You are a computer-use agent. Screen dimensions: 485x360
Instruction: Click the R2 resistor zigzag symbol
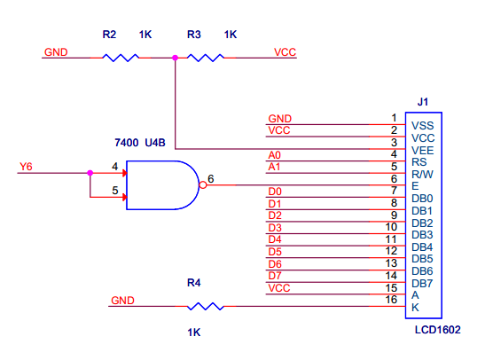click(121, 58)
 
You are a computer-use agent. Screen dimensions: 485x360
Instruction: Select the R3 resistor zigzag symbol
click(206, 58)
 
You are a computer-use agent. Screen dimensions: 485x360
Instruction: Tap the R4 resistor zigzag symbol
click(206, 306)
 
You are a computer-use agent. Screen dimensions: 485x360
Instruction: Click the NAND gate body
click(162, 185)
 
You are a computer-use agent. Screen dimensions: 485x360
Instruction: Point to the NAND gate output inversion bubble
click(202, 185)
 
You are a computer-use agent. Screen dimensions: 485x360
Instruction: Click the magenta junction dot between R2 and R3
click(175, 58)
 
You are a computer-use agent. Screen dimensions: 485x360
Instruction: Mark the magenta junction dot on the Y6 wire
click(90, 173)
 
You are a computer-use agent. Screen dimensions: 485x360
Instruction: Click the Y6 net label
click(26, 167)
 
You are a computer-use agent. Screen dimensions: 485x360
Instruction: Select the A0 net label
click(275, 155)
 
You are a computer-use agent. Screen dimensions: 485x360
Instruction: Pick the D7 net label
click(275, 276)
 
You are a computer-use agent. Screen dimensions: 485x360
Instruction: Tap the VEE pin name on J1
click(423, 151)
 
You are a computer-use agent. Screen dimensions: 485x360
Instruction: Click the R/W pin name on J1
click(423, 175)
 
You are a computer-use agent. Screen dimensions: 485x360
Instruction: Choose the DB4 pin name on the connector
click(422, 247)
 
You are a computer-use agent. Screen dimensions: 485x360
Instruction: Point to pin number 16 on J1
click(391, 300)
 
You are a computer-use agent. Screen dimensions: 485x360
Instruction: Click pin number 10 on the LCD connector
click(391, 227)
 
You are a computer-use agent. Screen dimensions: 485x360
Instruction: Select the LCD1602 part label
click(437, 330)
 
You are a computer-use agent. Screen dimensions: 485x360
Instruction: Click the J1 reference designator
click(423, 102)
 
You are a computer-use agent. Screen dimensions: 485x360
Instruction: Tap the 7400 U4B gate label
click(140, 143)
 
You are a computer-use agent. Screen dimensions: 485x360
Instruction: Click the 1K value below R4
click(194, 333)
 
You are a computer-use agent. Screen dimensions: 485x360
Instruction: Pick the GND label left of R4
click(122, 301)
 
